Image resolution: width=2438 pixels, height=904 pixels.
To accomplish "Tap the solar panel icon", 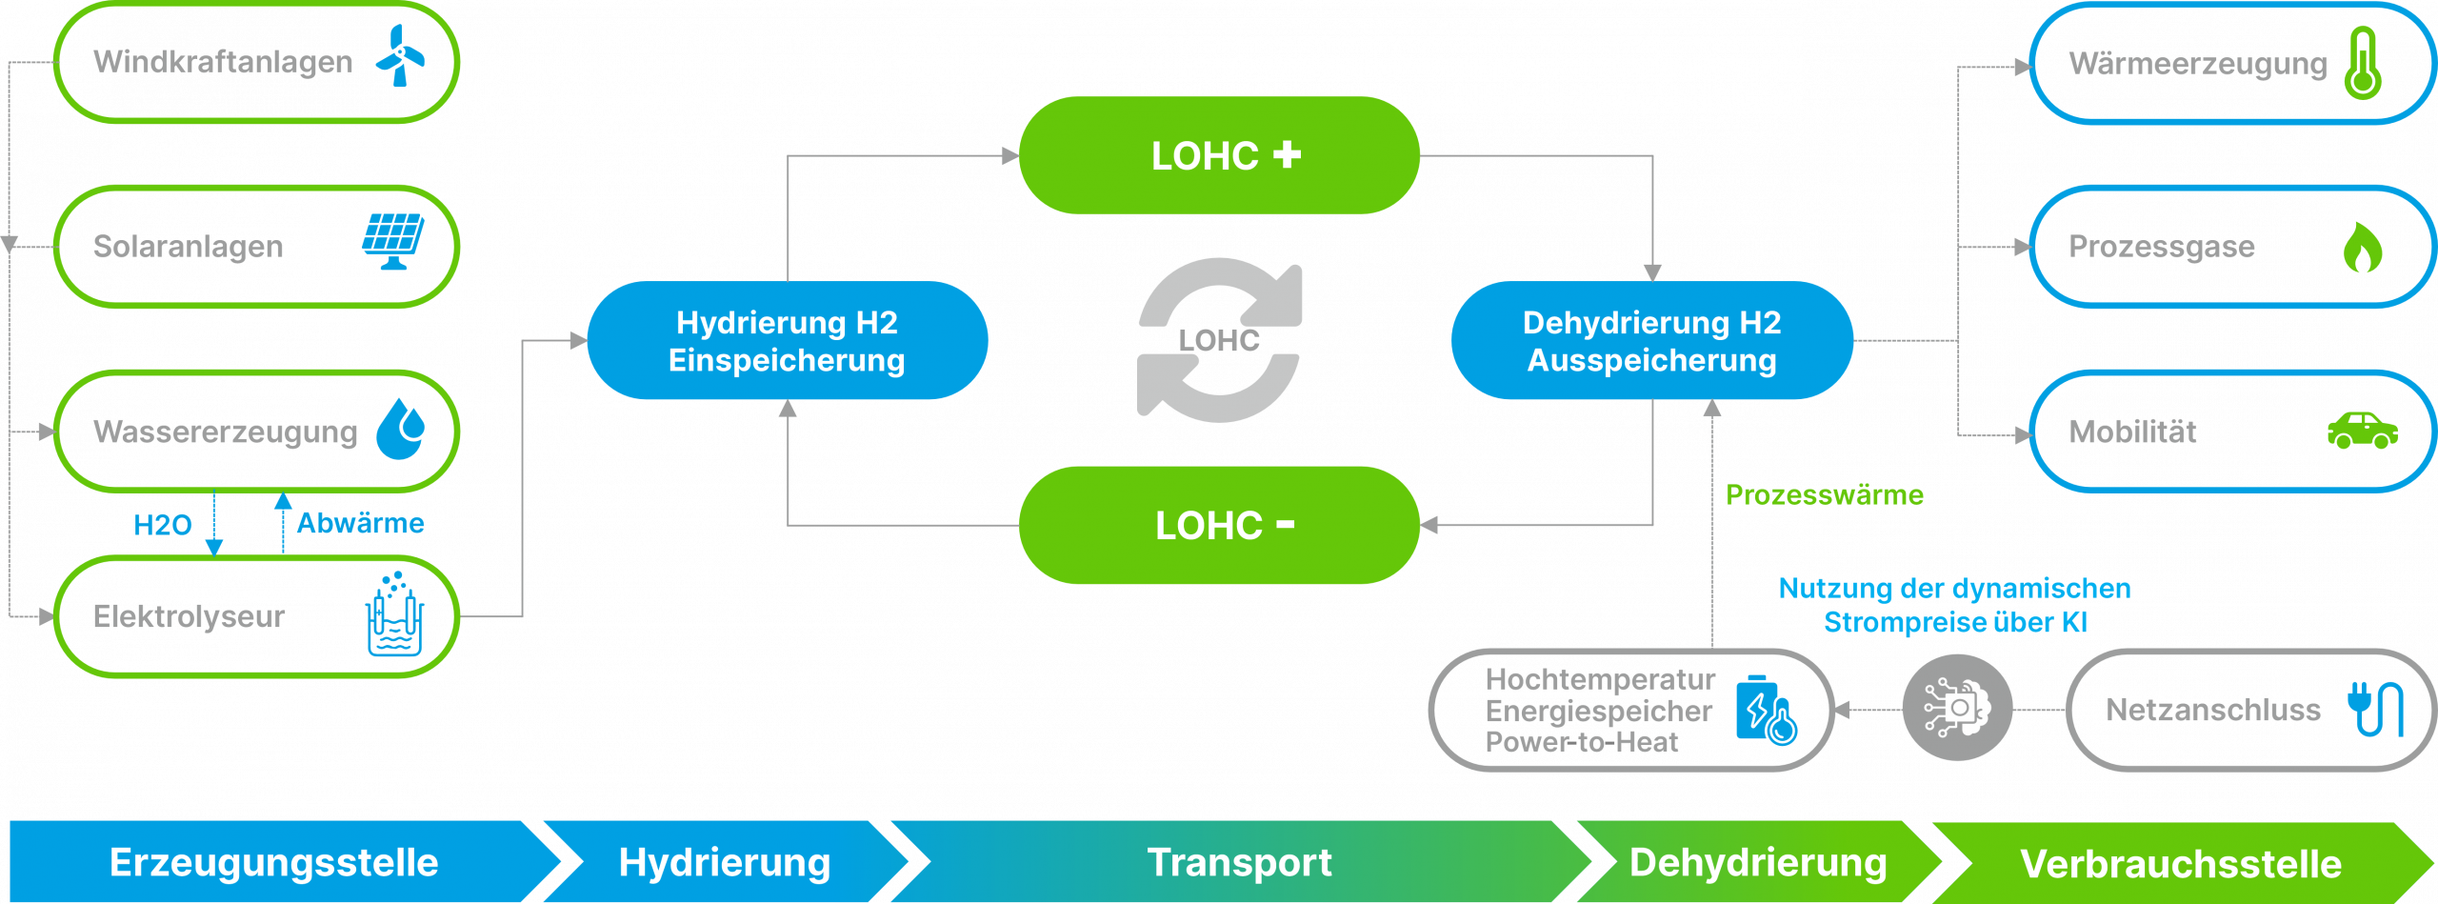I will coord(392,241).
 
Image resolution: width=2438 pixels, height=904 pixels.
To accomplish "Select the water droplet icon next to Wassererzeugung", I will coord(401,429).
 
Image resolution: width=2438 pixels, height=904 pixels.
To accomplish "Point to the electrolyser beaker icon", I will coord(394,616).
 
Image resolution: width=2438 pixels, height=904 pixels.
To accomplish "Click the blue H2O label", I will coord(162,525).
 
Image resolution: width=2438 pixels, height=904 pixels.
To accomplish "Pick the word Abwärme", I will coord(360,523).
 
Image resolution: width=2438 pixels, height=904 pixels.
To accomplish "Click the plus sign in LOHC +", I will coord(1287,154).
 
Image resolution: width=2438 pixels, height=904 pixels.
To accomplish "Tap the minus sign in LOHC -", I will coord(1285,524).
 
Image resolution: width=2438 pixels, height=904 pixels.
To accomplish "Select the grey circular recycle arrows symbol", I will coord(1219,339).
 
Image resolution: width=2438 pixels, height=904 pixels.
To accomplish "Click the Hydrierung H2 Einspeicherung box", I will coord(787,340).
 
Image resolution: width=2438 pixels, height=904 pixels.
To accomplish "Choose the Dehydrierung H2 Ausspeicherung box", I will coord(1651,340).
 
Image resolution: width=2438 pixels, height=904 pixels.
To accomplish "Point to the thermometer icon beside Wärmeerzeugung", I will coord(2363,63).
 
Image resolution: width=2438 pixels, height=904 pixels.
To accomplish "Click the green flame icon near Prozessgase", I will coord(2362,248).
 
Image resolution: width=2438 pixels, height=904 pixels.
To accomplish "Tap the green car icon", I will coord(2362,431).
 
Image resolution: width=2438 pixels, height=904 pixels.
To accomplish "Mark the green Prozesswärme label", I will coord(1824,495).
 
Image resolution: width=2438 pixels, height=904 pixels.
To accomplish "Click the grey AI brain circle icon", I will coord(1957,708).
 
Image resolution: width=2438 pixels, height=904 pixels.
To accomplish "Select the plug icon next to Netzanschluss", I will coord(2374,709).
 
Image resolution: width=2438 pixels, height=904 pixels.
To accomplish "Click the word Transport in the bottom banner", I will coord(1239,862).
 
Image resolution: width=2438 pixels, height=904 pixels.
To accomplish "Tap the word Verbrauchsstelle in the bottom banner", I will coord(2181,864).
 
